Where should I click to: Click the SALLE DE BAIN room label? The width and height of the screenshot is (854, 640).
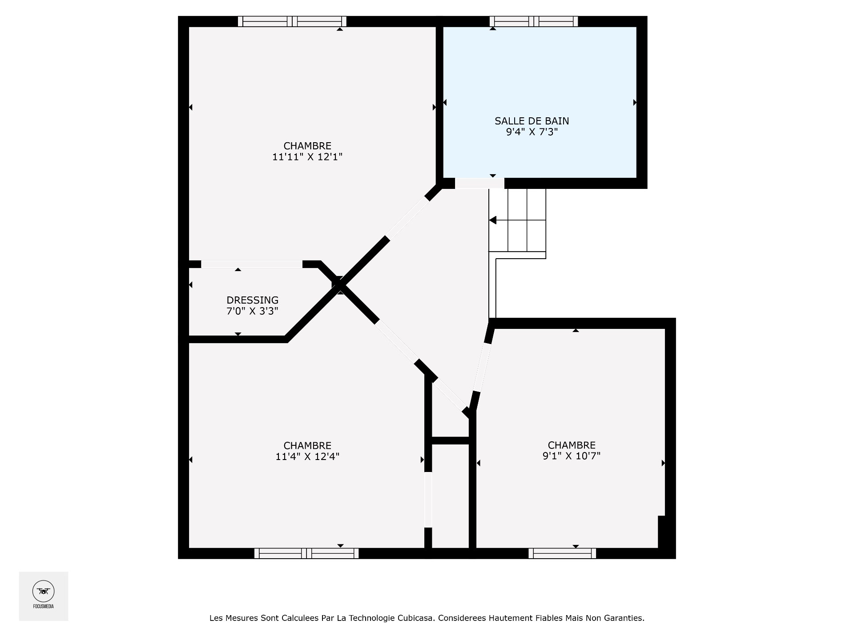[x=532, y=121]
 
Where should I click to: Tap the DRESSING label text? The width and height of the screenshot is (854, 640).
[x=252, y=300]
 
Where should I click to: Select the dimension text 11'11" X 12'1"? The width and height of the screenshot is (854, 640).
[x=307, y=157]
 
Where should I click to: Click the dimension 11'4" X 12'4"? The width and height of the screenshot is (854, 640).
[x=307, y=456]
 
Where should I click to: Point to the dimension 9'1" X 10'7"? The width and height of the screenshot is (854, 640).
[x=572, y=456]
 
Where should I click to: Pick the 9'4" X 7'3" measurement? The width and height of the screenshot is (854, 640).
[x=532, y=132]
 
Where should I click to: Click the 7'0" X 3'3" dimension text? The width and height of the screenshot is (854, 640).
[x=252, y=311]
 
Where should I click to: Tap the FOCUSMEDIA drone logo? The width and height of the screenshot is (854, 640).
[x=43, y=592]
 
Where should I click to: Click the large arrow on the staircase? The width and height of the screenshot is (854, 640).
[x=493, y=220]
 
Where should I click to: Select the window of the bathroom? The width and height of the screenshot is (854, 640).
[x=534, y=21]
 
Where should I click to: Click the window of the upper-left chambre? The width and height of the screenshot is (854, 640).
[x=292, y=21]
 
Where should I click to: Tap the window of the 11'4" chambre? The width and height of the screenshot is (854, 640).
[x=306, y=553]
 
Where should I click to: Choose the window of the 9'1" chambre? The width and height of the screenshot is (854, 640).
[x=562, y=553]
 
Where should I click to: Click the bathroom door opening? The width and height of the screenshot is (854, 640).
[x=479, y=183]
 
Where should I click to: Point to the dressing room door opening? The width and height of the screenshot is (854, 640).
[x=252, y=264]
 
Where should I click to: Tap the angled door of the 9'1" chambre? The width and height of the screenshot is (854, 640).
[x=482, y=367]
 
